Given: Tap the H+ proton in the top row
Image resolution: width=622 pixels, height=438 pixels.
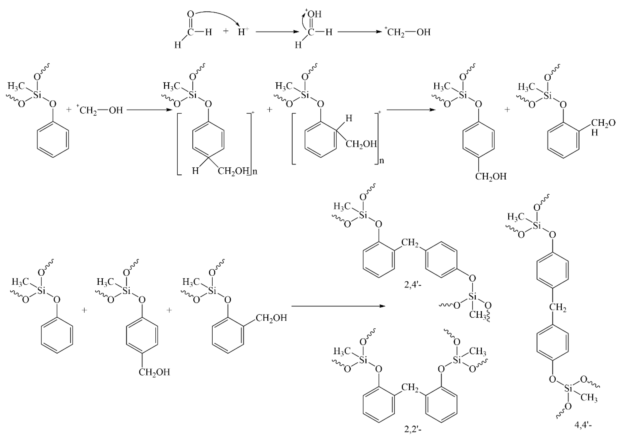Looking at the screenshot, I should [243, 32].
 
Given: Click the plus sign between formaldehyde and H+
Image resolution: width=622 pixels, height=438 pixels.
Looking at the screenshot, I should [226, 31].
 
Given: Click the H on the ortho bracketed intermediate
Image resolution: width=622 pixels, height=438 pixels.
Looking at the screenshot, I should [349, 119].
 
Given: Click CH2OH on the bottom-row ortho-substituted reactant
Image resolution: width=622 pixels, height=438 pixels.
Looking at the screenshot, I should [271, 318].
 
